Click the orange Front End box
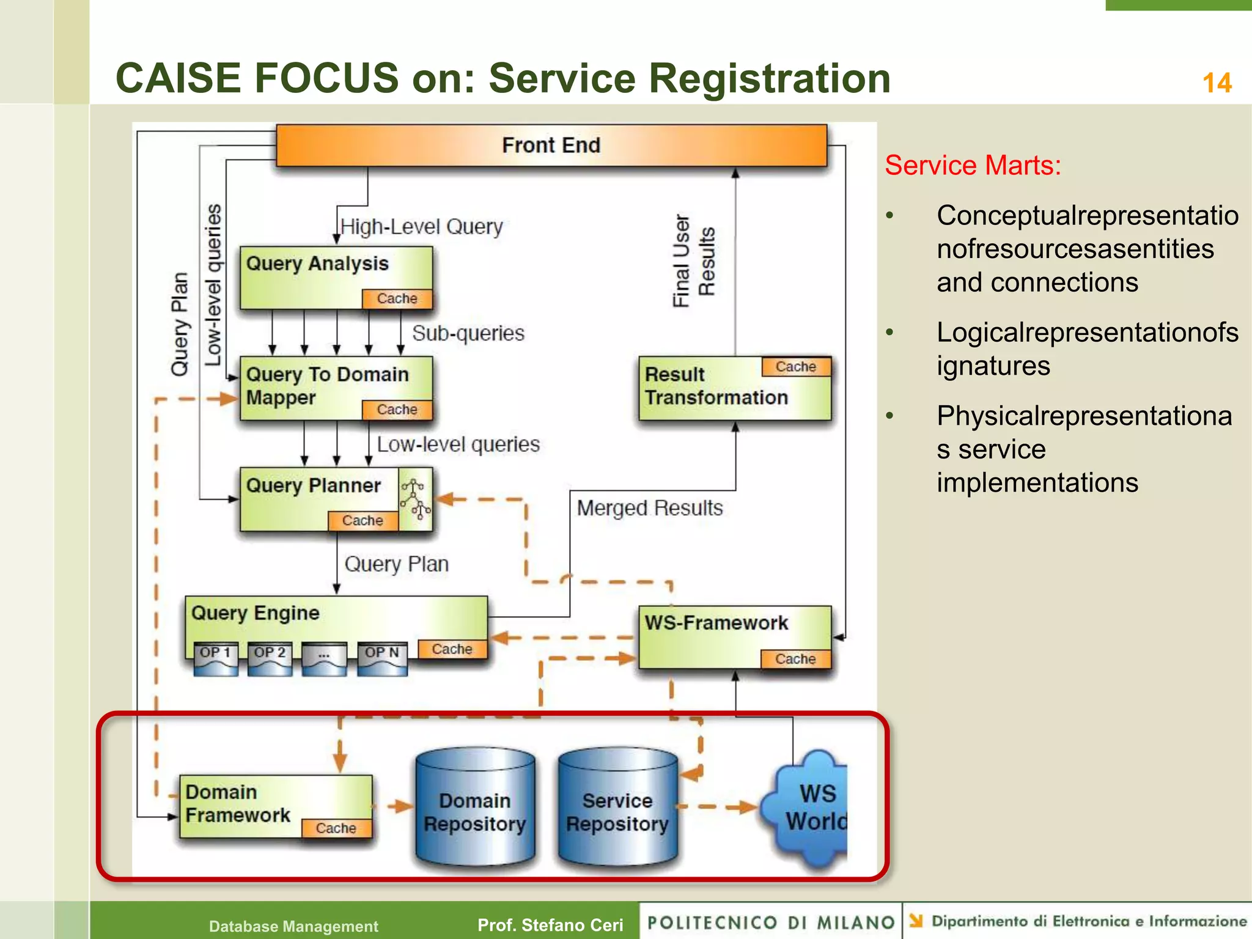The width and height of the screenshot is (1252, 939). tap(551, 145)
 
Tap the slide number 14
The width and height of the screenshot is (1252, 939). tap(1217, 83)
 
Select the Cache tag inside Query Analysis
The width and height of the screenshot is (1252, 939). tap(397, 298)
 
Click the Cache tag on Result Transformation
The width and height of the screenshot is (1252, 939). tap(795, 367)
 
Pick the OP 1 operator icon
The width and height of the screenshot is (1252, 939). tap(215, 659)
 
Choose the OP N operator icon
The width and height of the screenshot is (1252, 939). tap(382, 659)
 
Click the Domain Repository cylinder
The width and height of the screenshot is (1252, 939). tap(475, 807)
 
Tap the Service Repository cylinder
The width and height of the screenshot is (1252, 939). tap(617, 807)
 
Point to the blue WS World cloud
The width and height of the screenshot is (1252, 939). tap(810, 807)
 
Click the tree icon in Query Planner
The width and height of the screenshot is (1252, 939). tap(415, 499)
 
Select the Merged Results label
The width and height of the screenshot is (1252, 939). tap(649, 508)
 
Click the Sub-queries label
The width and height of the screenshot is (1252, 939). tap(468, 333)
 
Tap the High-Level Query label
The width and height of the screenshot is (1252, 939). tap(421, 227)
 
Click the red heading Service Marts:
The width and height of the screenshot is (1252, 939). tap(973, 165)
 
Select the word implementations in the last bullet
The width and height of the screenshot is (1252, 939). tap(1037, 482)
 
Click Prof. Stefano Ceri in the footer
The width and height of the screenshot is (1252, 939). tap(550, 925)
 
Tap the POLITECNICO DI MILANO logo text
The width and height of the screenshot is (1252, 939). tap(770, 922)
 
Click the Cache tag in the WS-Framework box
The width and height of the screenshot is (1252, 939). tap(795, 658)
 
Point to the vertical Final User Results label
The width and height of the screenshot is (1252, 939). tap(693, 261)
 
